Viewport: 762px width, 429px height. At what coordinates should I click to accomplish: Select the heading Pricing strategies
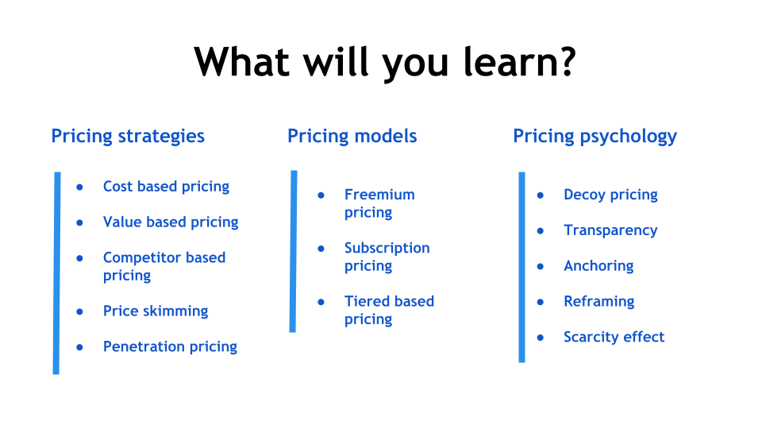point(128,137)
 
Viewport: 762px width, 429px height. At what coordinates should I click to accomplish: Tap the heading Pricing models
point(352,136)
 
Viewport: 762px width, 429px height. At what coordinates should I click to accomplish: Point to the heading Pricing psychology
point(595,137)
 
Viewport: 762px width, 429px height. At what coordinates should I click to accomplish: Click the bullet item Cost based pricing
point(166,187)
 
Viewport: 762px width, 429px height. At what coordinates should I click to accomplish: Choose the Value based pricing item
point(171,222)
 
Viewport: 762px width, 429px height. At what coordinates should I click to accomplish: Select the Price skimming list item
point(156,311)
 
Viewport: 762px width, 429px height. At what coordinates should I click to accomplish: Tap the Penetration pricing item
point(170,347)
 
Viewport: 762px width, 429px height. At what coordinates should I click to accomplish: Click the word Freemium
point(379,195)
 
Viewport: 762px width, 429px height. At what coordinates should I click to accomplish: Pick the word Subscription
point(387,249)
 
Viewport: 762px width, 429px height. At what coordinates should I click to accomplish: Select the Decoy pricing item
point(610,195)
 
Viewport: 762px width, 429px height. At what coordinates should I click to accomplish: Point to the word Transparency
point(610,230)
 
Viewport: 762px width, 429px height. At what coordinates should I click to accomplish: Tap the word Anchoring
point(598,266)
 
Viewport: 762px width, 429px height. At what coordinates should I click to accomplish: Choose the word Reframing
point(598,302)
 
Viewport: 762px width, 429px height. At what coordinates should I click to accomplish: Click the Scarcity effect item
point(614,337)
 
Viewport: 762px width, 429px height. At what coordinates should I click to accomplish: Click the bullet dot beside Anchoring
point(541,267)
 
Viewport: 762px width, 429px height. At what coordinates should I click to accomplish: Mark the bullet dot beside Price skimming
point(79,311)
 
